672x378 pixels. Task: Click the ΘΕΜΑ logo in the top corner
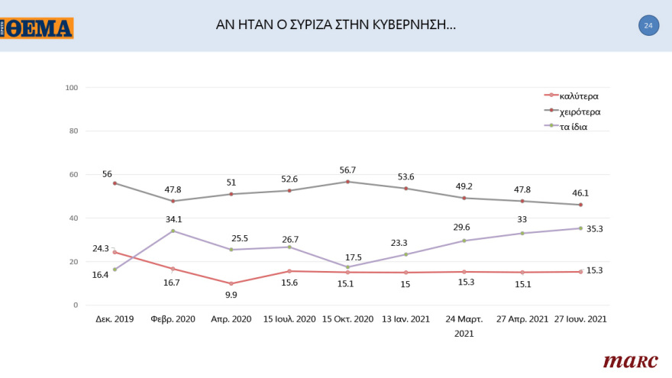click(37, 28)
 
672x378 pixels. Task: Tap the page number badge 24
click(648, 26)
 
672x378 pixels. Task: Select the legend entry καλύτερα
click(578, 96)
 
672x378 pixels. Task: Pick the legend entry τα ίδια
click(573, 127)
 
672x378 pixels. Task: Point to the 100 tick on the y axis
click(73, 88)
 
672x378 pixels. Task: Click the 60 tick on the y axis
click(74, 175)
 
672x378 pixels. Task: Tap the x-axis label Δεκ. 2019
click(115, 319)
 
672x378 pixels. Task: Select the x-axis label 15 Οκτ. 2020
click(347, 319)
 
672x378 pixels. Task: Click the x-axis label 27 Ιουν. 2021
click(580, 319)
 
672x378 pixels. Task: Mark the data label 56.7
click(347, 170)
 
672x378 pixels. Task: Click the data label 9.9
click(231, 296)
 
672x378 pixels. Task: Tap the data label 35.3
click(595, 228)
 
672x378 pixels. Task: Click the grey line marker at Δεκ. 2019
click(115, 183)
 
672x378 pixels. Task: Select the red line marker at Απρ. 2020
click(231, 283)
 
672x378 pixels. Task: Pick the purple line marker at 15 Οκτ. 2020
click(347, 267)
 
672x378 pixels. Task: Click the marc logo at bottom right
click(631, 360)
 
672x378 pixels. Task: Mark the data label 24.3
click(102, 248)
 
